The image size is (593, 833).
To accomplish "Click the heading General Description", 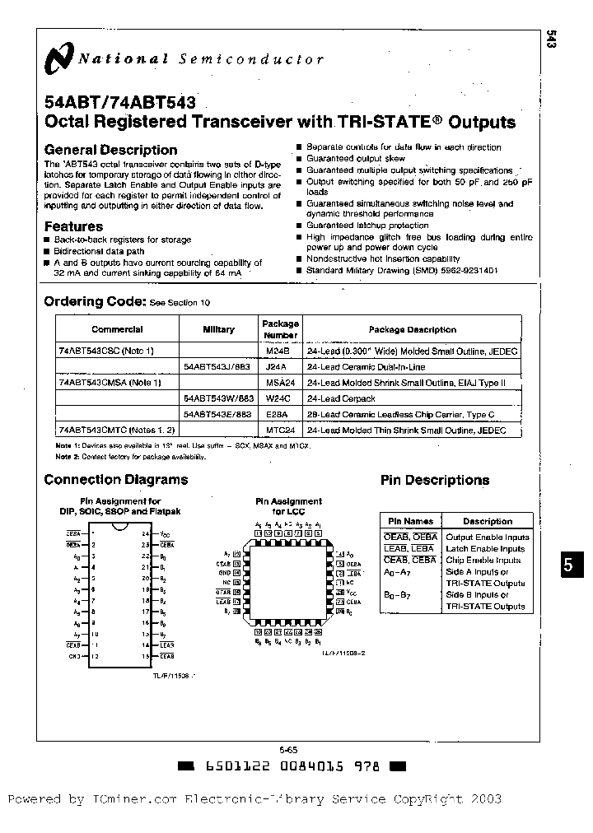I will (x=110, y=150).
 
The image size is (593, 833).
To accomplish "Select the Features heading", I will (x=73, y=226).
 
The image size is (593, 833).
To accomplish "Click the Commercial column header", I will (x=117, y=329).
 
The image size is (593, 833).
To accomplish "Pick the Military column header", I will (x=218, y=329).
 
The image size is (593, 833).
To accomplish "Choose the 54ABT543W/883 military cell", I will (x=218, y=398).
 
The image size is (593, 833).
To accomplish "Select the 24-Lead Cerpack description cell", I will (x=340, y=398).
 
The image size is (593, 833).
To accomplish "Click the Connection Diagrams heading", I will (x=115, y=480).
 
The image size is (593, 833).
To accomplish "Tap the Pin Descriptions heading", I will (x=434, y=480).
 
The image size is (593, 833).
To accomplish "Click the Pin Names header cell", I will (x=410, y=521).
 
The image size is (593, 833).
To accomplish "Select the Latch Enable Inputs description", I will (x=485, y=548).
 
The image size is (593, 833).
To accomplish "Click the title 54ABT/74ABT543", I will (x=119, y=104).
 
